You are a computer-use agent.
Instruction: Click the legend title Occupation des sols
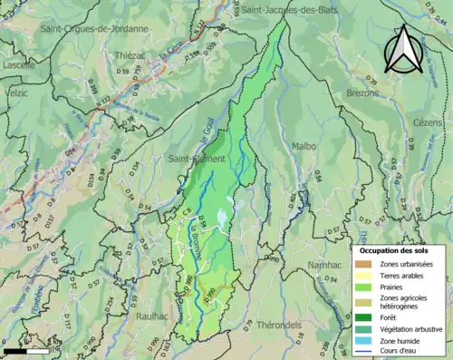coord(394,250)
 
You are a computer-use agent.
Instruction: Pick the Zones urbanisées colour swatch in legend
coord(366,264)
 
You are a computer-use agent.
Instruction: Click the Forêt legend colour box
coord(366,316)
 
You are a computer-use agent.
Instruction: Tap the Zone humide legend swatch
coord(366,341)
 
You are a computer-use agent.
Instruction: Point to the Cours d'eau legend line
coord(366,353)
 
